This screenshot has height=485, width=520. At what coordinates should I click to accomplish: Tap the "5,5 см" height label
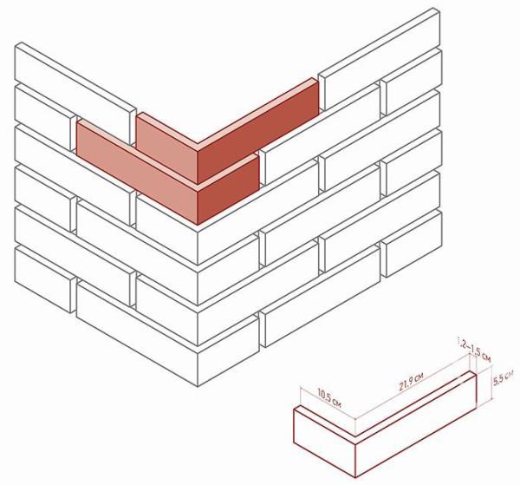click(504, 377)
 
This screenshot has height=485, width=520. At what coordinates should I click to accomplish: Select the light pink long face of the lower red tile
click(137, 174)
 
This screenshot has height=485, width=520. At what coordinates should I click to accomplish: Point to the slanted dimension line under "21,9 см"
click(412, 391)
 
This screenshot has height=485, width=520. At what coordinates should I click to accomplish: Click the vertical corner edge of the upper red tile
click(198, 165)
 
